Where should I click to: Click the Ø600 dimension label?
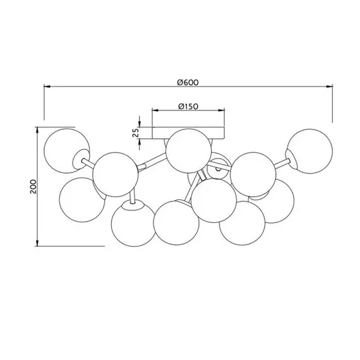188,83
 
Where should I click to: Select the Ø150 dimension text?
188,106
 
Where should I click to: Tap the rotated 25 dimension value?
136,133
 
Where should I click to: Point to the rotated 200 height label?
33,186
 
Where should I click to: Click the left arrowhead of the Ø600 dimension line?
47,87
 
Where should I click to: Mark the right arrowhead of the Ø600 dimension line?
330,87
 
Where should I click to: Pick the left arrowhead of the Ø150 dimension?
155,111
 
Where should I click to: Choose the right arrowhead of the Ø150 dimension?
221,111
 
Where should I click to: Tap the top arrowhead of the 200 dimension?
37,130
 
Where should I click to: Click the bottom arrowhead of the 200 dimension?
37,243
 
